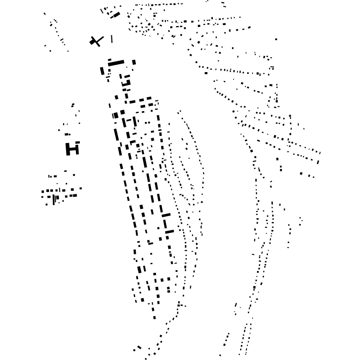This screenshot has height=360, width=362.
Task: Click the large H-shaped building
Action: [72, 149]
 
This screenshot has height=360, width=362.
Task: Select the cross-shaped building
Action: [96, 41]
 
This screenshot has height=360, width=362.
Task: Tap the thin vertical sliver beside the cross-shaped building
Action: [112, 39]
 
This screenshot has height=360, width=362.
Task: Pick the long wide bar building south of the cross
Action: [116, 63]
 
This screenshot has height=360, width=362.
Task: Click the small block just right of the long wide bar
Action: [134, 62]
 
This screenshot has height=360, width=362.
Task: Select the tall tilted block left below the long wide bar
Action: [102, 71]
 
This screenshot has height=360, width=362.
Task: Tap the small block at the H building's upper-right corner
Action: [77, 143]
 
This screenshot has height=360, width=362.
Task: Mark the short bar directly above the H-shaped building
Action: [67, 134]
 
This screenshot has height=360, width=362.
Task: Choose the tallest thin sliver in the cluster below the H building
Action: [53, 199]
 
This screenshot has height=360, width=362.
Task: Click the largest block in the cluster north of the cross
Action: [116, 15]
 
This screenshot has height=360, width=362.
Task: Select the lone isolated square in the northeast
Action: [276, 39]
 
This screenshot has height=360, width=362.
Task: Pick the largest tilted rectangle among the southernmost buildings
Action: [139, 347]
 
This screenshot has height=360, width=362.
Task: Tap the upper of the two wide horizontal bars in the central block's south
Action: [166, 215]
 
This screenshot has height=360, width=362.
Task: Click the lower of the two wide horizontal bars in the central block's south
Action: [169, 232]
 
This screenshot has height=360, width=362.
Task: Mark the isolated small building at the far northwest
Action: [44, 14]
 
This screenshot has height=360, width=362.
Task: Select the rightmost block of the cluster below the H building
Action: [81, 189]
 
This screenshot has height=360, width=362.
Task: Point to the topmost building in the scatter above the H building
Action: [73, 105]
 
